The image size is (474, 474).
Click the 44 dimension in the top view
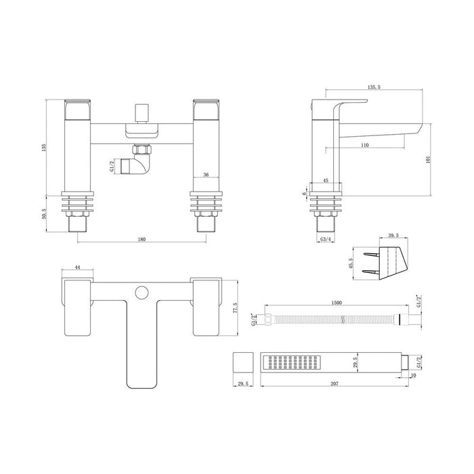point(78,269)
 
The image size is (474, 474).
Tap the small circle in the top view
point(141,293)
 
